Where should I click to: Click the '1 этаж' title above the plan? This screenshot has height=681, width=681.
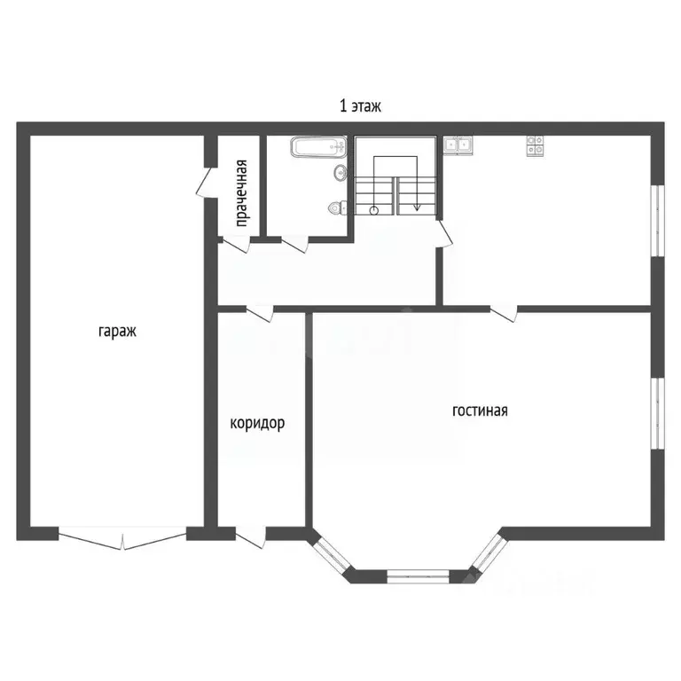coord(360,106)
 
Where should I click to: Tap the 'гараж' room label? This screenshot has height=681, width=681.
coord(117,332)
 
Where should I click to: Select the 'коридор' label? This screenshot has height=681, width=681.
coord(257,423)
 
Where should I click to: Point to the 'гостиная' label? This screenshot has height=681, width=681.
coord(480,411)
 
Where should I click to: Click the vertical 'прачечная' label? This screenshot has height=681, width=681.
coord(241,193)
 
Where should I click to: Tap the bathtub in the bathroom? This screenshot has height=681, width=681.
coord(319,147)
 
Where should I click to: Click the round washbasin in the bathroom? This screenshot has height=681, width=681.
coord(340,173)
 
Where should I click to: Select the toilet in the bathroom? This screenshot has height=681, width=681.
coord(338,207)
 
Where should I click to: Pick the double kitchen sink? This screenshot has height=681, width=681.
coord(458,145)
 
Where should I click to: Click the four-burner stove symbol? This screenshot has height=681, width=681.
coord(535,145)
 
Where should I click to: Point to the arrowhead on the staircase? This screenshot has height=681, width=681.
coord(417,207)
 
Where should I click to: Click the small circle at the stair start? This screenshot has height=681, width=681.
coord(374,211)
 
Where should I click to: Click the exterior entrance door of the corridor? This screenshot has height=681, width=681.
coord(251,537)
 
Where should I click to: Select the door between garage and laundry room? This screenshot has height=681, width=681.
coord(204,183)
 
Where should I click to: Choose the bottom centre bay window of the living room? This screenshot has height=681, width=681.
coord(418,576)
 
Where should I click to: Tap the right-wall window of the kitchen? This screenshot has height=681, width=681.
coord(659,221)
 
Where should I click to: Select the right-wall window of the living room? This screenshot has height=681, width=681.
coord(659,413)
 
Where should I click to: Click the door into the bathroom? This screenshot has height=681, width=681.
coord(295,244)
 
